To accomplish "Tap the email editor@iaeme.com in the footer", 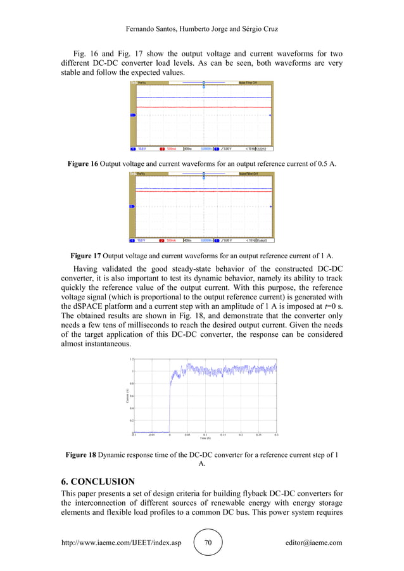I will pos(313,543).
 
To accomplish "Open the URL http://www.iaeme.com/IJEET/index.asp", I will pos(121,543).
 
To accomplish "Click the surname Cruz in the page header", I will pos(268,30).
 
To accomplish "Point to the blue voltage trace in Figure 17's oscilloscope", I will pos(203,189).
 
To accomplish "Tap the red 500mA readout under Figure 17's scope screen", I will pos(172,241).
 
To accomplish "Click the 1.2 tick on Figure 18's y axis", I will pos(131,359).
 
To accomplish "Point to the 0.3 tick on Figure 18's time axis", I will pos(276,436).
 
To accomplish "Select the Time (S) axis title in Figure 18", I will pos(205,438).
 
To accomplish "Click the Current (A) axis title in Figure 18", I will pos(127,396).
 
